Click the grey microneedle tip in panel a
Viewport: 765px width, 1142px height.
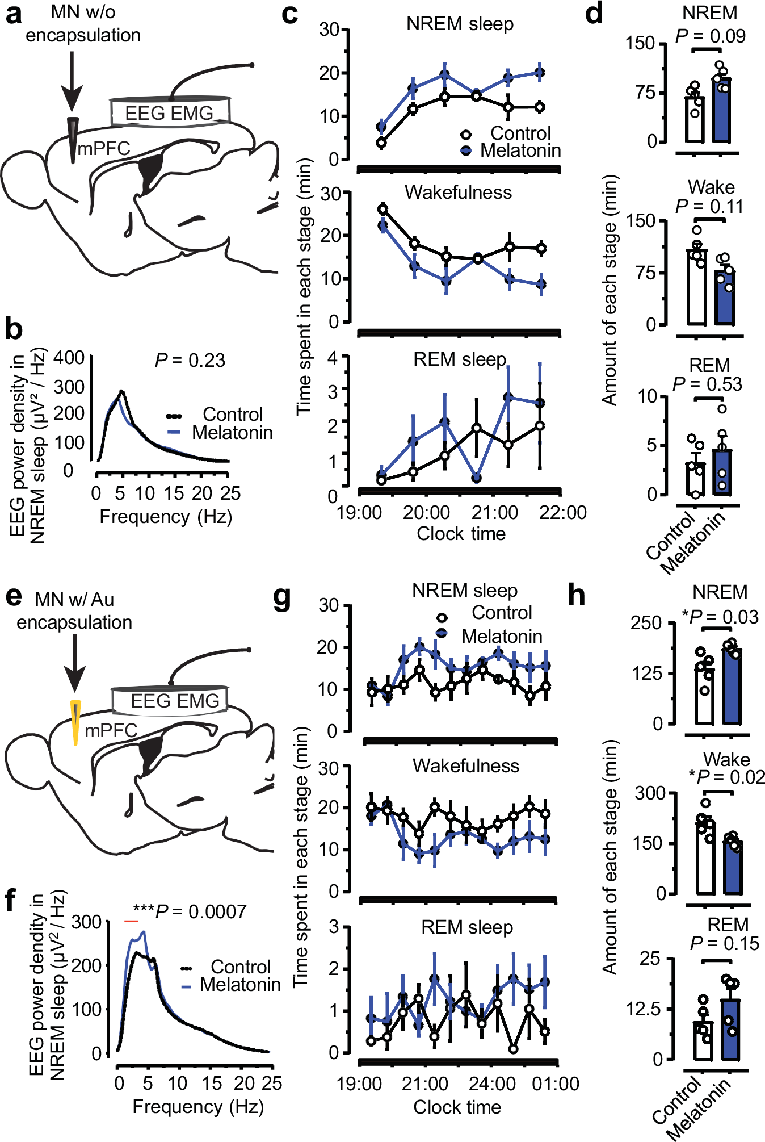pos(73,139)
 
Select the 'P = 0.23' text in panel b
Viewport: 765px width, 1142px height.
pos(190,360)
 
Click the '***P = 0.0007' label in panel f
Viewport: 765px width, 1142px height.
pos(190,911)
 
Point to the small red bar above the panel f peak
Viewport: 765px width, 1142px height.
pos(131,921)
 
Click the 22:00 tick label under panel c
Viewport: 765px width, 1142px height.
pos(562,512)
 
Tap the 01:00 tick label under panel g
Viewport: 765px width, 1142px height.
pos(555,1084)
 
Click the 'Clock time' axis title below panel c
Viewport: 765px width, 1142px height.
pos(461,534)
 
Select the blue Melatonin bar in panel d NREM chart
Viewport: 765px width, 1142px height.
pos(722,111)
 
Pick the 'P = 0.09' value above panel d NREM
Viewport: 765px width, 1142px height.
pos(710,36)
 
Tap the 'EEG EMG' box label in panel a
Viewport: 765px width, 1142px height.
pos(169,113)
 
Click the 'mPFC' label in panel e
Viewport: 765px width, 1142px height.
pos(111,730)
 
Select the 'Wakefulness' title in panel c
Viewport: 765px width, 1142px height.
pos(458,193)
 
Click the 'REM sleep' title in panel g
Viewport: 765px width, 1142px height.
pos(466,927)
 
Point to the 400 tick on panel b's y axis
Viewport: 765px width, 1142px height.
pos(69,358)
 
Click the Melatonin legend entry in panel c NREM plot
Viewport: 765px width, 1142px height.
pos(520,150)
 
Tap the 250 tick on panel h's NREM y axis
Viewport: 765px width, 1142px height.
pos(646,622)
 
